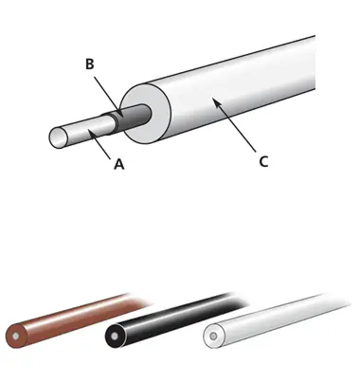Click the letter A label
tap(118, 164)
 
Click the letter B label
tap(90, 64)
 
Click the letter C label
tap(263, 161)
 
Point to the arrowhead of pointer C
tap(215, 101)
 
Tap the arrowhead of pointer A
tap(91, 133)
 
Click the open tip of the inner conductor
tap(59, 137)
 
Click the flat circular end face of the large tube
tap(145, 114)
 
